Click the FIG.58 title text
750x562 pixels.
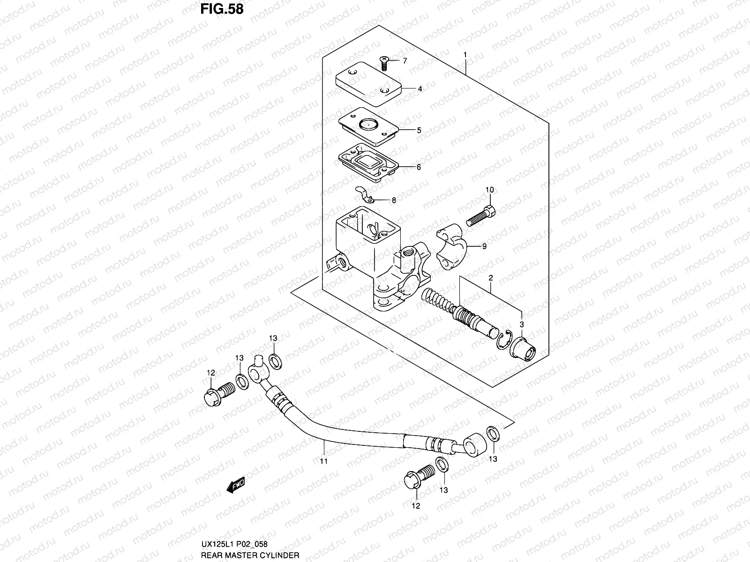pyautogui.click(x=222, y=9)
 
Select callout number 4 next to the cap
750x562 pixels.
pyautogui.click(x=420, y=89)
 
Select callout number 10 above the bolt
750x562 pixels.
pyautogui.click(x=489, y=190)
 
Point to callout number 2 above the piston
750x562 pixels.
pyautogui.click(x=490, y=278)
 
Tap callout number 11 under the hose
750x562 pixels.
pyautogui.click(x=323, y=461)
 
